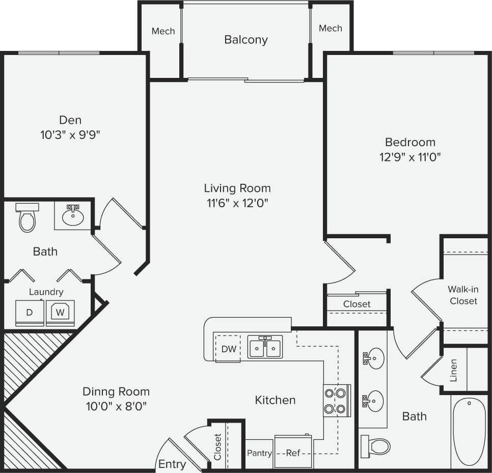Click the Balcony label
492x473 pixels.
(x=245, y=40)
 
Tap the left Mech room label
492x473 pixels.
(x=163, y=31)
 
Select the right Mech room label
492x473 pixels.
(x=330, y=28)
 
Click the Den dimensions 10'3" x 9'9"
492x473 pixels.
(x=70, y=135)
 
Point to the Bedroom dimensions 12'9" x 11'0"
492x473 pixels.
(x=410, y=157)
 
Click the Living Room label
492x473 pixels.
(x=237, y=188)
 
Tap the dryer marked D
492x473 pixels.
(x=29, y=313)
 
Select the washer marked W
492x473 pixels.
(x=60, y=312)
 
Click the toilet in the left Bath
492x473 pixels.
(x=27, y=218)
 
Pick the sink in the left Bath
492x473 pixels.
(x=73, y=216)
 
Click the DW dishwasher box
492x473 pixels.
(x=228, y=349)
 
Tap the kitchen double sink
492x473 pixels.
(x=265, y=348)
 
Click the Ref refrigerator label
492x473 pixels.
(x=293, y=453)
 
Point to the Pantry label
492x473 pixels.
(x=259, y=453)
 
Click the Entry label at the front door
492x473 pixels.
(x=172, y=464)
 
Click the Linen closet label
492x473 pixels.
(x=453, y=370)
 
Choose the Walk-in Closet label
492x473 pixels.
(x=463, y=295)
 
